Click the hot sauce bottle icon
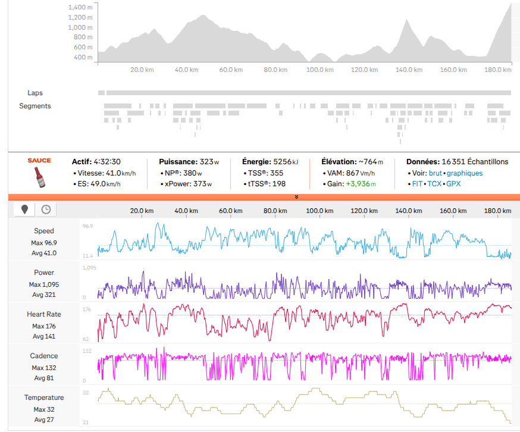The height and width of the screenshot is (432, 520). pyautogui.click(x=40, y=177)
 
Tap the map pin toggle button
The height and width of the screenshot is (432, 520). pyautogui.click(x=24, y=209)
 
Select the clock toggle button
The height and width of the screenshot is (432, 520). pyautogui.click(x=46, y=209)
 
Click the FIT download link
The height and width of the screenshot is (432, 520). pyautogui.click(x=417, y=184)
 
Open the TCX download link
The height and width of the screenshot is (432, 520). pyautogui.click(x=434, y=184)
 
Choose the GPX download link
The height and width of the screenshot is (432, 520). pyautogui.click(x=453, y=184)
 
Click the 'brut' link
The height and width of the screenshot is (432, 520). pyautogui.click(x=436, y=173)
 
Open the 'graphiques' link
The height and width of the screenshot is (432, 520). pyautogui.click(x=465, y=173)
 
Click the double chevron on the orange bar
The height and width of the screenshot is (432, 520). pyautogui.click(x=296, y=197)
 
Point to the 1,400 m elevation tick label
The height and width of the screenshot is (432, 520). pyautogui.click(x=80, y=7)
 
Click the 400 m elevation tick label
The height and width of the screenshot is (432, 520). pyautogui.click(x=83, y=57)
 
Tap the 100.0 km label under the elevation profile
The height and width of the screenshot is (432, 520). pyautogui.click(x=319, y=70)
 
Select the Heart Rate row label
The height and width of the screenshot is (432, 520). pyautogui.click(x=44, y=314)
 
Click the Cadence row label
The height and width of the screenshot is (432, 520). pyautogui.click(x=44, y=356)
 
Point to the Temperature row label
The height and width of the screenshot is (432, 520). pyautogui.click(x=44, y=397)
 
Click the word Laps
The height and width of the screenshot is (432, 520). pyautogui.click(x=35, y=93)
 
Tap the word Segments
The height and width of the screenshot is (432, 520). pyautogui.click(x=35, y=106)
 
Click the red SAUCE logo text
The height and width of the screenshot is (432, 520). pyautogui.click(x=39, y=161)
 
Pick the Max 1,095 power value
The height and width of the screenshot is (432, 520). pyautogui.click(x=44, y=284)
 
